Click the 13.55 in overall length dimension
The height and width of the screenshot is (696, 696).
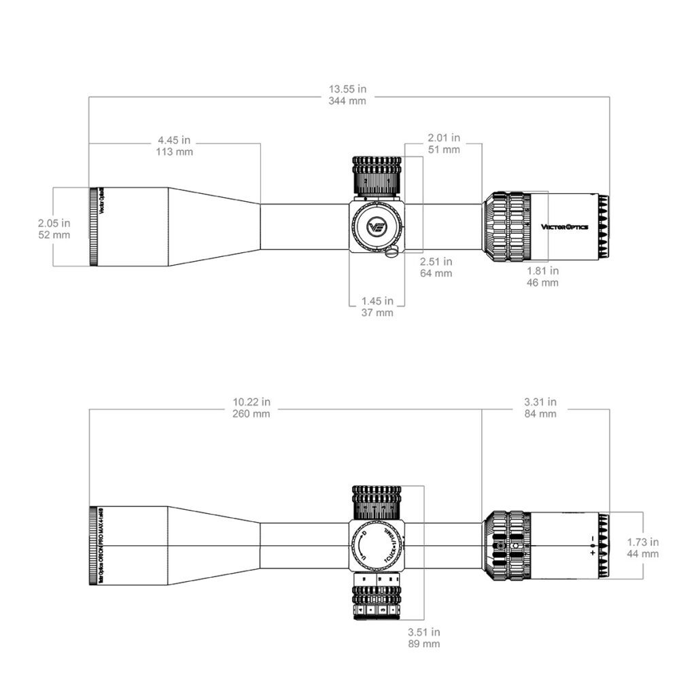coord(347,94)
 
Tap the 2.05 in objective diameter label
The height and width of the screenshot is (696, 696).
coord(54,228)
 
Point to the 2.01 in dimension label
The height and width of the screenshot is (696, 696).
coord(444,143)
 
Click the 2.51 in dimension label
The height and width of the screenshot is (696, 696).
coord(436,267)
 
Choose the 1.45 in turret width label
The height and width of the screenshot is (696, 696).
coord(377,307)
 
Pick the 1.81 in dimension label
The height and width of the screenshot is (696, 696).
coord(543,276)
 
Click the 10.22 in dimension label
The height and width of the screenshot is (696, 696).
coord(251,407)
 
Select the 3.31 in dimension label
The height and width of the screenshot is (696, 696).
coord(540,407)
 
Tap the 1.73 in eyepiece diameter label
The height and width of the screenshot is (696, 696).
coord(642,548)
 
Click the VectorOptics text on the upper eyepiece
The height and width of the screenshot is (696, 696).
coord(564,226)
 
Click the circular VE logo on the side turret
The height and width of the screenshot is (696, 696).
coord(377,226)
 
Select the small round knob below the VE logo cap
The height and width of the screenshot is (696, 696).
coord(391,253)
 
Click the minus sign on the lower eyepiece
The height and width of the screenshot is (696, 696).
coord(593,539)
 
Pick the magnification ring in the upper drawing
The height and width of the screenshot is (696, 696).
coord(507,226)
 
